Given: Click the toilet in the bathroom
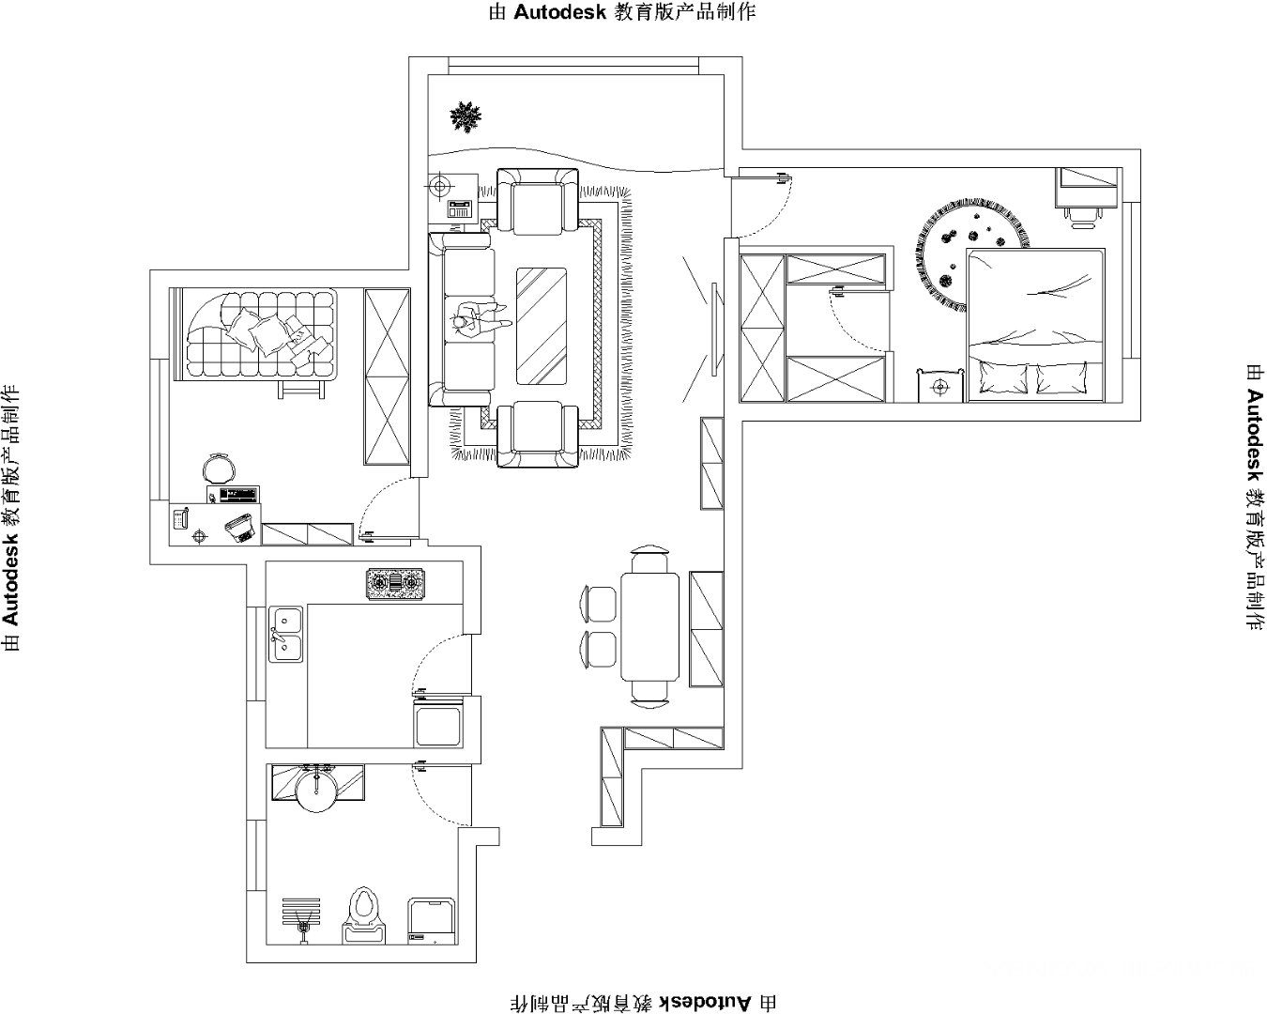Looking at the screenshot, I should [364, 912].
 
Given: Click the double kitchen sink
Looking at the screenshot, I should [285, 633].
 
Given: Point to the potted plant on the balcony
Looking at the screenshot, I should [465, 116].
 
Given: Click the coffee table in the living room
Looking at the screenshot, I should [542, 324].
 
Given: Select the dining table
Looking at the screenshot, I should [649, 626].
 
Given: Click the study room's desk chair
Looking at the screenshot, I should [218, 468].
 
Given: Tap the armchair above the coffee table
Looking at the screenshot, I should [537, 201].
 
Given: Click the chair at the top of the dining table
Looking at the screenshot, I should [649, 560].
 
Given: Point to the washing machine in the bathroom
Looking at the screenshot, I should [432, 921].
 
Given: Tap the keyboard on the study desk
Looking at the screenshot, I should [239, 493].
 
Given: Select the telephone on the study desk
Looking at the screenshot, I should [180, 517].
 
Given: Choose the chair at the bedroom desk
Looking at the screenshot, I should [1083, 215].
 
